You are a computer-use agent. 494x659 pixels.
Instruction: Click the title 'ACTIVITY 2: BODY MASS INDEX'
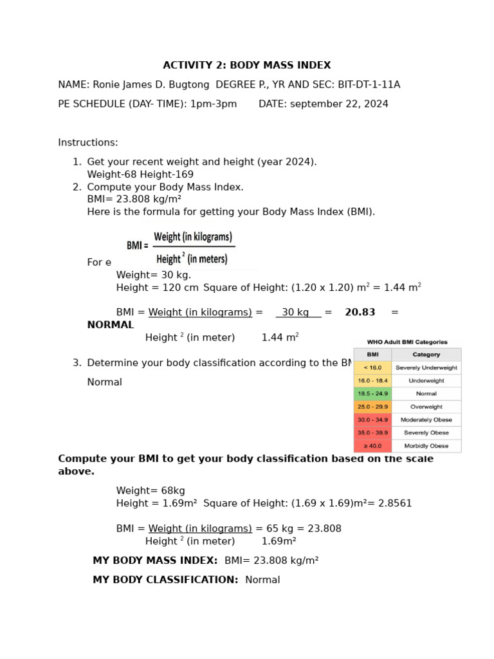pos(247,66)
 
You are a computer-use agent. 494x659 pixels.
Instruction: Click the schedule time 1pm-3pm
pos(213,104)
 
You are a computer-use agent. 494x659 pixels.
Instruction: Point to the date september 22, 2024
pos(339,104)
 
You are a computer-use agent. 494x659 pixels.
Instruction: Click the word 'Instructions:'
pos(88,143)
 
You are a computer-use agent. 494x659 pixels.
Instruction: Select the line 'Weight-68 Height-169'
pos(140,174)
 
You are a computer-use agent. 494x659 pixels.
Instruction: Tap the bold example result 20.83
pos(360,313)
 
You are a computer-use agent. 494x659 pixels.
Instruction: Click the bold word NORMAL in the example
pos(111,325)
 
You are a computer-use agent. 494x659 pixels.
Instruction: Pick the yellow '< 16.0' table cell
pos(372,368)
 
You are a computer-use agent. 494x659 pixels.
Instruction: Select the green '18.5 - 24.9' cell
pos(372,394)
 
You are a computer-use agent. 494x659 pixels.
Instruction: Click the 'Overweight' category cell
pos(426,407)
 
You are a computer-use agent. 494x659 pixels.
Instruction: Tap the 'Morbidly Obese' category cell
pos(426,445)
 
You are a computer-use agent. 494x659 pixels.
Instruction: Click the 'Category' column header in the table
pos(426,355)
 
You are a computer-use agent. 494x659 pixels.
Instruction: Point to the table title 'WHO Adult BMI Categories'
pos(407,342)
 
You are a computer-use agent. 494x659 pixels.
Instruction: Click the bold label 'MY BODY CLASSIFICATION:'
pos(165,580)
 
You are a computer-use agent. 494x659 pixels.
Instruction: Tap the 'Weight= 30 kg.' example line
pos(154,275)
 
